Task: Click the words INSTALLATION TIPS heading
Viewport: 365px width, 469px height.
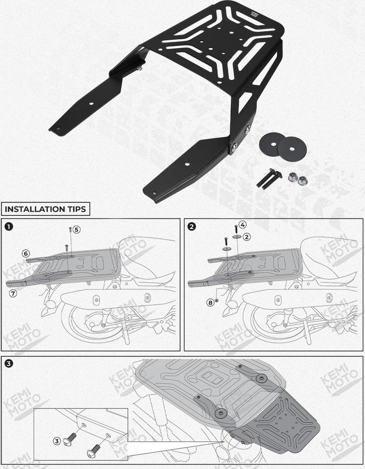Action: (46, 209)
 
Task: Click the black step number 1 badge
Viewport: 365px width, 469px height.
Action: (9, 226)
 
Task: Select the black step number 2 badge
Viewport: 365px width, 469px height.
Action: (192, 226)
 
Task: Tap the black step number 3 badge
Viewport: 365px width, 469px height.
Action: (9, 363)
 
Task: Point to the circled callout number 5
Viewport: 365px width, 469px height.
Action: (77, 229)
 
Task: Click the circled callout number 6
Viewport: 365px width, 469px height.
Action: (26, 254)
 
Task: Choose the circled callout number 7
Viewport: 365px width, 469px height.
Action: (13, 293)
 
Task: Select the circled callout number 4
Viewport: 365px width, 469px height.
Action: (242, 224)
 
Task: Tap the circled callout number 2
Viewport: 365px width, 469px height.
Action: (247, 237)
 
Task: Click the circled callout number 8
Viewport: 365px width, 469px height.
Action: (210, 303)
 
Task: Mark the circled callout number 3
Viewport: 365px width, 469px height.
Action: (57, 441)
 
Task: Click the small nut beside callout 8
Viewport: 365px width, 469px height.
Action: (217, 300)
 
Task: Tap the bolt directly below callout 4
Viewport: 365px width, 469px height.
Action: (236, 229)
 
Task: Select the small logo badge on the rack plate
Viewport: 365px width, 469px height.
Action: (254, 14)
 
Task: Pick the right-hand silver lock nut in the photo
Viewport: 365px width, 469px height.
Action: (302, 180)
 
